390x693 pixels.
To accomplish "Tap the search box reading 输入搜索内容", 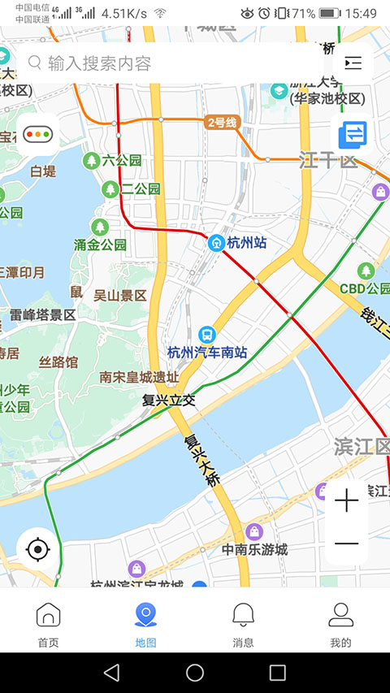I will pos(162,63).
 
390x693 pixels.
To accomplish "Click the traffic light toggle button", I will pos(37,134).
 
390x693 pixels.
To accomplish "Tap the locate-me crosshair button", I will pos(37,549).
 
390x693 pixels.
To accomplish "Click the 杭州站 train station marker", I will pos(217,241).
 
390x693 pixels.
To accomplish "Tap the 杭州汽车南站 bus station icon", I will pos(207,334).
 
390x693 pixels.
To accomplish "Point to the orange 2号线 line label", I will pos(222,123).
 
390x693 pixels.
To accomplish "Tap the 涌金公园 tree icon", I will pos(100,226).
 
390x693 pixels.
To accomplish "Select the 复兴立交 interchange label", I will pos(169,400).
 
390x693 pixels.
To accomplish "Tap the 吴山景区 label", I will pos(119,296).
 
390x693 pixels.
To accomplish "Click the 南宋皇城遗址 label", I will pos(138,377).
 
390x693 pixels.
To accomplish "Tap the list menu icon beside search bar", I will pos(353,63).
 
